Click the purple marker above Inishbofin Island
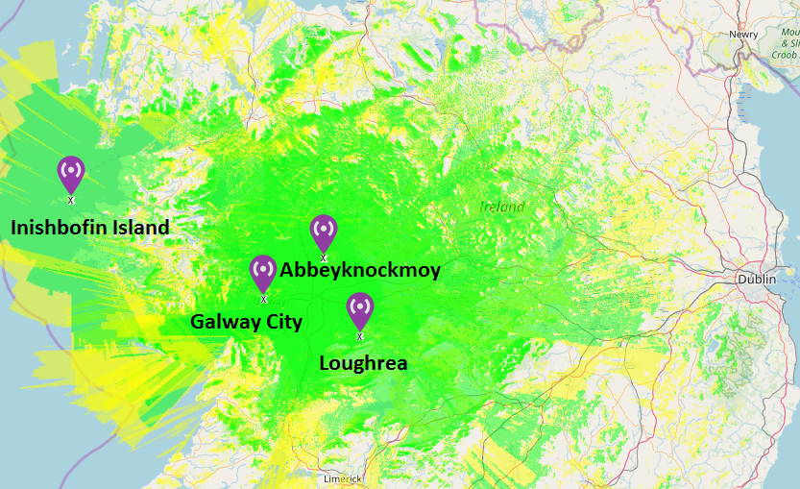tap(71, 173)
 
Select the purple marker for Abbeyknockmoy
tap(324, 231)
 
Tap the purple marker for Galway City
tap(263, 271)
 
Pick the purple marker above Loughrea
tap(360, 308)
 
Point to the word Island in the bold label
tap(140, 228)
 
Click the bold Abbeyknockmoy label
tap(360, 270)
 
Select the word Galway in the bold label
tap(227, 321)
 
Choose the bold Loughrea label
tap(363, 363)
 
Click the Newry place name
tap(743, 35)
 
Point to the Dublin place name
tap(757, 279)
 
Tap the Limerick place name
tap(342, 478)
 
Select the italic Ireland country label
tap(502, 207)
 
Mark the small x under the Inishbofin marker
tap(71, 200)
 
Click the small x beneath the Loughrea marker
tap(360, 336)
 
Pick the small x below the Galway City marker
tap(263, 299)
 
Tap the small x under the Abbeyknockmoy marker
tap(324, 258)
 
